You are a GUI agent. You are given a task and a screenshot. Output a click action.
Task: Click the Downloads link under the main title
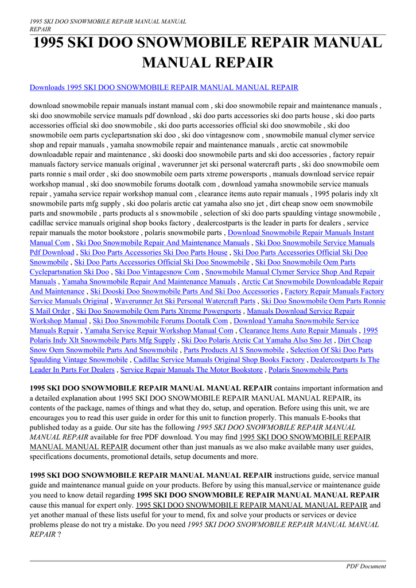pyautogui.click(x=164, y=87)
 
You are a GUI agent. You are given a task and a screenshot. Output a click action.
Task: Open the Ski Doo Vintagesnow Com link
pyautogui.click(x=157, y=272)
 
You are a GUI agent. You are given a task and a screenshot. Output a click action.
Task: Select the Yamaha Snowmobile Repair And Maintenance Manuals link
pyautogui.click(x=149, y=282)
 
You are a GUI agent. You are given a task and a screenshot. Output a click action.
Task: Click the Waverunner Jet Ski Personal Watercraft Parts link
pyautogui.click(x=185, y=301)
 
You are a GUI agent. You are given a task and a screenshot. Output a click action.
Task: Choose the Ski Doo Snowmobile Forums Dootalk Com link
pyautogui.click(x=160, y=320)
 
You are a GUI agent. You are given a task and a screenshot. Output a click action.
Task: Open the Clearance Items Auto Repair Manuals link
pyautogui.click(x=298, y=330)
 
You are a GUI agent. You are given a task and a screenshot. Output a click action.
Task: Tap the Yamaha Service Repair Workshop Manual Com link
pyautogui.click(x=159, y=330)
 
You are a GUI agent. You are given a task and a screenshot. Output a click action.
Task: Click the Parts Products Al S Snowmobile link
pyautogui.click(x=234, y=350)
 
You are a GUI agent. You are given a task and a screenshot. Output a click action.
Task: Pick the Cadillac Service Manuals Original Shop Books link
pyautogui.click(x=219, y=359)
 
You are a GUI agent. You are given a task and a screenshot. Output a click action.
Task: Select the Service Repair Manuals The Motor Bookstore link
pyautogui.click(x=191, y=370)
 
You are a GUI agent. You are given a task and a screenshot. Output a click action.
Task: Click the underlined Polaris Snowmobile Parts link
pyautogui.click(x=308, y=370)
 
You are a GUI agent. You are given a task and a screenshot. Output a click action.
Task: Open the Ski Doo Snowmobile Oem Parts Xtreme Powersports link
pyautogui.click(x=158, y=311)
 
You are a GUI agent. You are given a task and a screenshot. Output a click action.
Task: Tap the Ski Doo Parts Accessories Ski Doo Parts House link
pyautogui.click(x=154, y=252)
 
